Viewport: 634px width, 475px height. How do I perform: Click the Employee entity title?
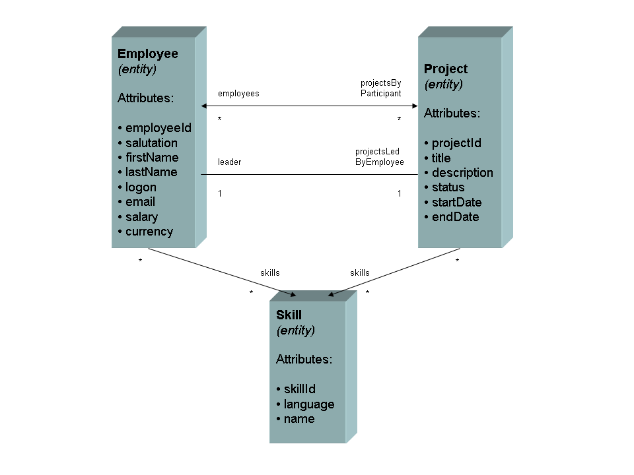147,54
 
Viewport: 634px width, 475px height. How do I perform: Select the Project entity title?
446,69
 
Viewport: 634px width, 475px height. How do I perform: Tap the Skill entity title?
289,315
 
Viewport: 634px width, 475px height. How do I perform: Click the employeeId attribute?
158,128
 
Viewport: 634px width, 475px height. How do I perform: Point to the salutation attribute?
151,142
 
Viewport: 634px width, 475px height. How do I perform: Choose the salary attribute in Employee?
141,216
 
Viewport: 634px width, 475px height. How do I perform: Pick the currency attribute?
149,232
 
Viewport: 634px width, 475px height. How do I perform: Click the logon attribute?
141,187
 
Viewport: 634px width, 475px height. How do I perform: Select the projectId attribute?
456,143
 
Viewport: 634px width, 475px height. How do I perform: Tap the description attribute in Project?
462,173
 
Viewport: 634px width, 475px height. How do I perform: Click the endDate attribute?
455,217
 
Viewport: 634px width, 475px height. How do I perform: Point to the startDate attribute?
456,202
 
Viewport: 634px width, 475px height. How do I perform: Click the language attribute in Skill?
309,404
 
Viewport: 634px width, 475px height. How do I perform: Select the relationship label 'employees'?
238,94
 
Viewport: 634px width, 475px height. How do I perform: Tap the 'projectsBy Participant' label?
381,88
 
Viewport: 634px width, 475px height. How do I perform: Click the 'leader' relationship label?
230,162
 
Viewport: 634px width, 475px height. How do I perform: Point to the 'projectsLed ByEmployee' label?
380,157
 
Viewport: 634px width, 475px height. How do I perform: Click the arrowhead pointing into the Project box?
414,106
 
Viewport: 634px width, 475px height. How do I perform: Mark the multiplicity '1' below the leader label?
220,193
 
